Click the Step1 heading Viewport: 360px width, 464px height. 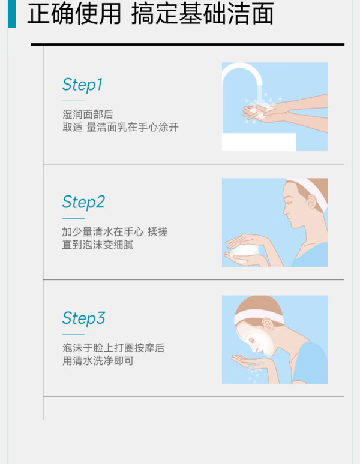point(82,85)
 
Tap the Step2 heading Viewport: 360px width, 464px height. point(83,203)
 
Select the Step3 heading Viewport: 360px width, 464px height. point(83,318)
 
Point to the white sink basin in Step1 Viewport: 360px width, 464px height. point(259,142)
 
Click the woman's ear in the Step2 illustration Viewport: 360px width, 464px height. point(312,202)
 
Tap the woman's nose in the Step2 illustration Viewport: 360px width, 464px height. point(286,210)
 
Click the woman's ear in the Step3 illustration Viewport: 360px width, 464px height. point(268,324)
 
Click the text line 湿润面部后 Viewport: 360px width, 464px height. point(88,115)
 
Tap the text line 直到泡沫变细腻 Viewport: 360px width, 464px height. point(98,245)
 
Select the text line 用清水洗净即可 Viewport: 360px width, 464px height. point(98,361)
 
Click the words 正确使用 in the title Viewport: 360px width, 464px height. point(74,14)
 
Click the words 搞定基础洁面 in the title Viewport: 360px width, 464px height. point(202,14)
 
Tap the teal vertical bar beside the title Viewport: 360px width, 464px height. point(12,14)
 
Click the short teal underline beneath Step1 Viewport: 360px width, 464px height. point(73,101)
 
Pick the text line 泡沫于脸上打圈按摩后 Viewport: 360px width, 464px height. point(113,348)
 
